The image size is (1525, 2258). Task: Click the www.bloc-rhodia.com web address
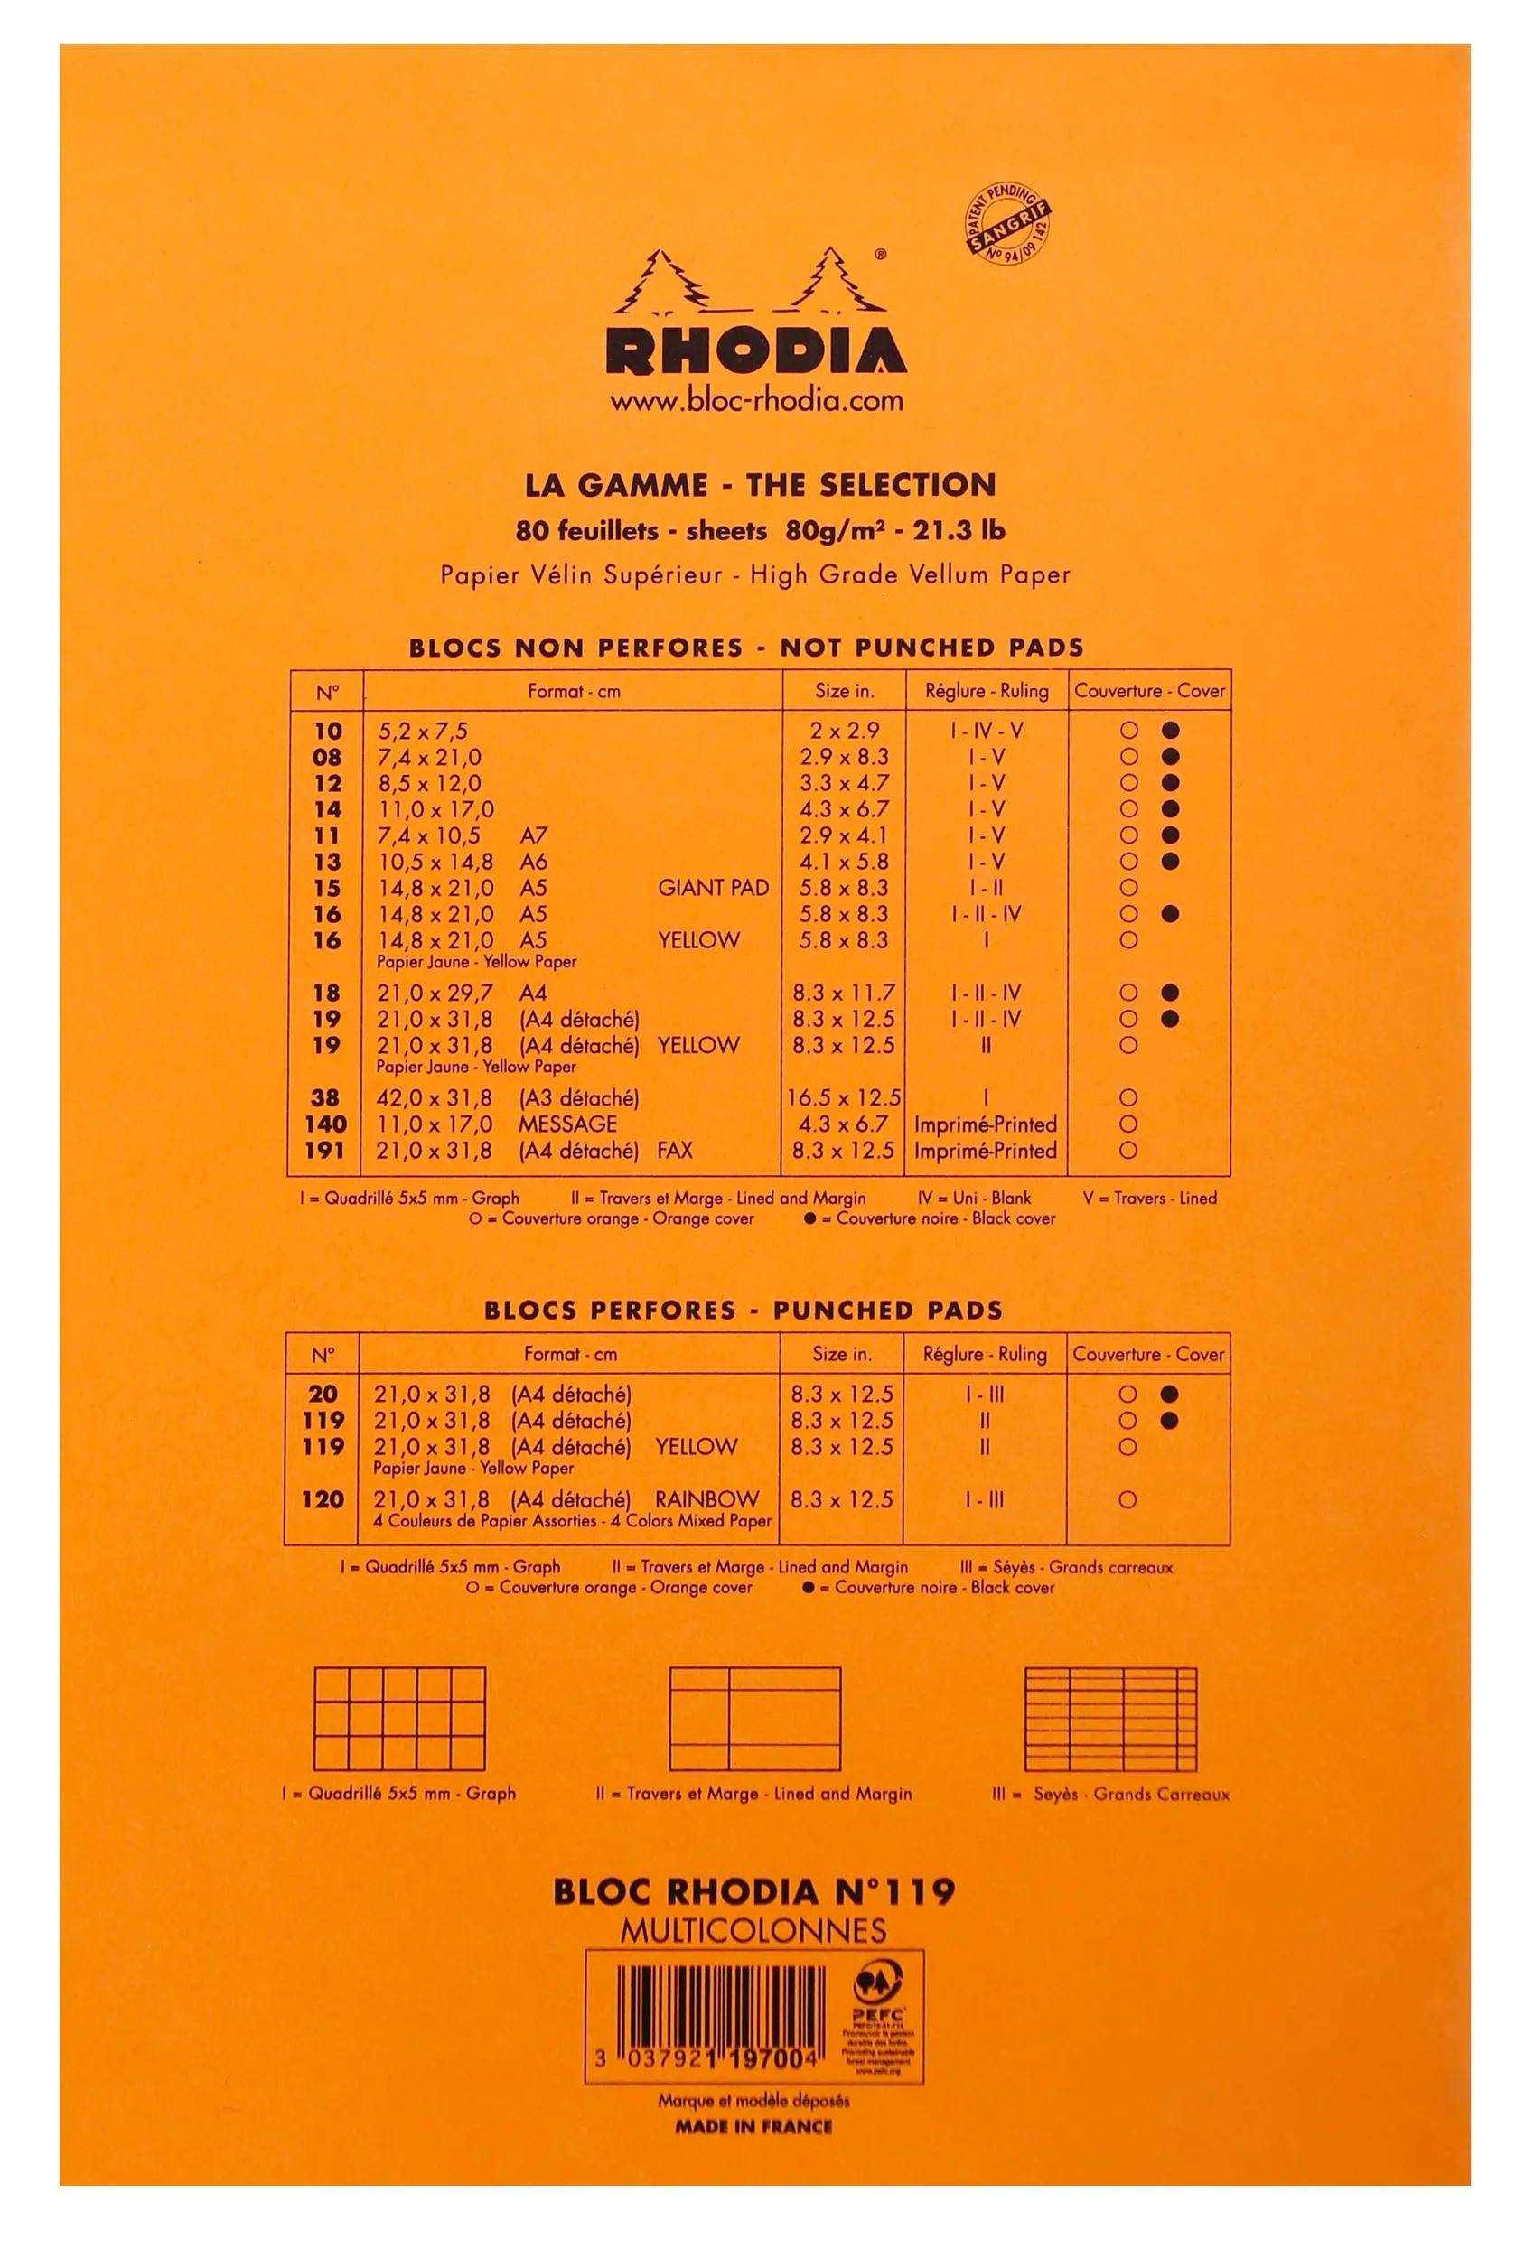point(755,399)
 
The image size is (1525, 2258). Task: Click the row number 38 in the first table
point(325,1098)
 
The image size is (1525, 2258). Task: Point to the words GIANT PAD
point(713,887)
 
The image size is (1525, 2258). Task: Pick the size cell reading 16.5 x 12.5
point(843,1098)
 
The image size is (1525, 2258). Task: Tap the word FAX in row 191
point(675,1151)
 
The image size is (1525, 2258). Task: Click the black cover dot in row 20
point(1170,1395)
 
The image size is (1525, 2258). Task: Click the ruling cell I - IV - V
point(986,731)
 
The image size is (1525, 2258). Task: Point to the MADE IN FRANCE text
point(754,2126)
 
